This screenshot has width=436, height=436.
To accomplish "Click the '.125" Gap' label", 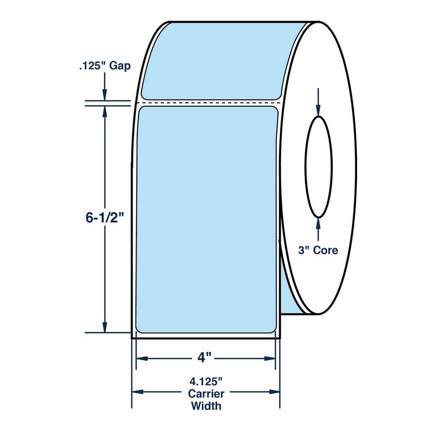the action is coord(105,66).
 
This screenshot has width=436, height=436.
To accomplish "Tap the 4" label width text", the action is coord(205,358).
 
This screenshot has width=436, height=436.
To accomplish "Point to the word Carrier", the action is coord(206,393).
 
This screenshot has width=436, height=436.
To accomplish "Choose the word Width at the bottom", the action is coord(206,405).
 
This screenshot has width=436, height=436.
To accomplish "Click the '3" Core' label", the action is coord(318,250).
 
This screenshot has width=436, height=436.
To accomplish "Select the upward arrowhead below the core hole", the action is coord(318,224).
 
